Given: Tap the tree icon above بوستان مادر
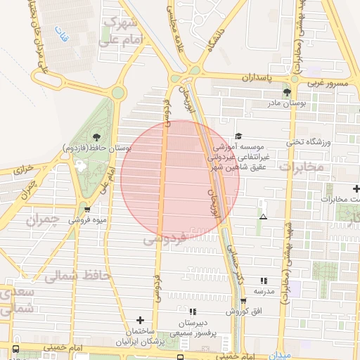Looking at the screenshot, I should point(286,92).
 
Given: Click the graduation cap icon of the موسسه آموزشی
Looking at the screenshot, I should point(238,136).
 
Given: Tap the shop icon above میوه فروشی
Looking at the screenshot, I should point(86,209).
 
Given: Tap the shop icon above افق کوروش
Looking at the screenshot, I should point(243,300).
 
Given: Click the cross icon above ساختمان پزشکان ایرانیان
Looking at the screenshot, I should point(139,320).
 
